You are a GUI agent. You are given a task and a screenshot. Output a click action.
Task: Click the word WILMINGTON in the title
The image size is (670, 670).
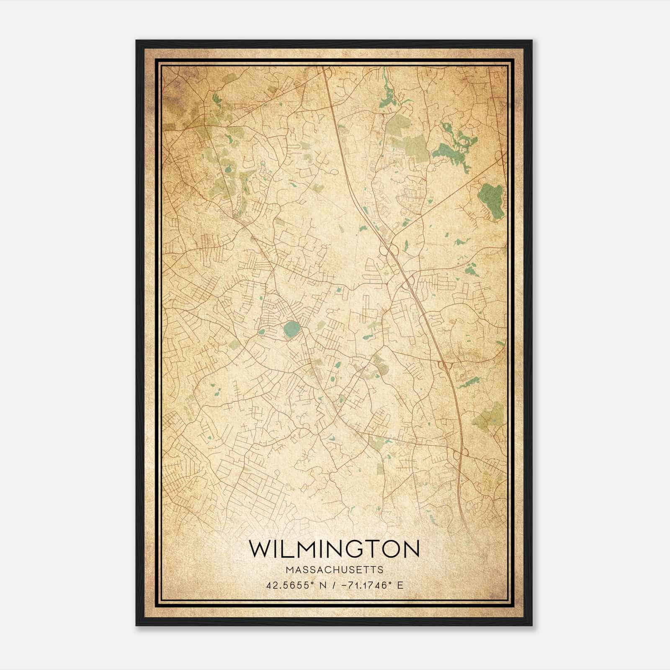(334, 549)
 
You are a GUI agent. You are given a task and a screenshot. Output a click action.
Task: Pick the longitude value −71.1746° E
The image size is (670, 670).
(372, 585)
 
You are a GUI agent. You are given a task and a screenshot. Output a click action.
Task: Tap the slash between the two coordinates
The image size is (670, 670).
(334, 585)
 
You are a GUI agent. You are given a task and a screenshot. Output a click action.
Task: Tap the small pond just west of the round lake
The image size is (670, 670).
(262, 332)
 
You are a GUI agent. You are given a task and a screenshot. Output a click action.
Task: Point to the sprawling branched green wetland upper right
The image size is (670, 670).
(454, 147)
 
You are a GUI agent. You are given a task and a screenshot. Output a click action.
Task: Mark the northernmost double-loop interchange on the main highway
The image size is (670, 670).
(389, 250)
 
